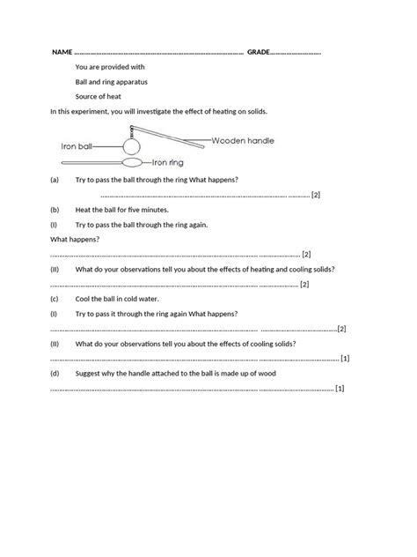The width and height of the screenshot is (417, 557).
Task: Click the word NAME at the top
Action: [62, 52]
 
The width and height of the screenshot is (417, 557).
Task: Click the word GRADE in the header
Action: [259, 52]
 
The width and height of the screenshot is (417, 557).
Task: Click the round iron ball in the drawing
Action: [132, 145]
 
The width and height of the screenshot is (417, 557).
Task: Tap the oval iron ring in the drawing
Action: [132, 163]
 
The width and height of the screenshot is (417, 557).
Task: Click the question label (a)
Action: [55, 179]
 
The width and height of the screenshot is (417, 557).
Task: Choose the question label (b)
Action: [55, 210]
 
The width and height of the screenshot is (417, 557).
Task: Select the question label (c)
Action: [55, 299]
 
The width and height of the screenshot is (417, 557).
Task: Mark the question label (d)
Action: [55, 373]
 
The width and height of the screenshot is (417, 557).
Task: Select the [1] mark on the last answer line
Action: [340, 388]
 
